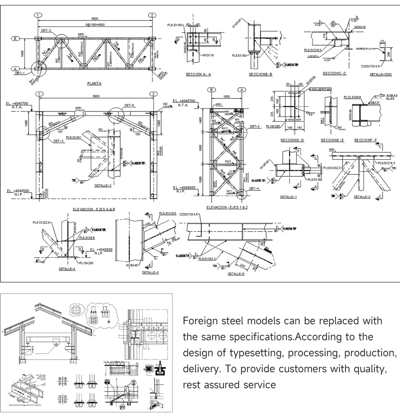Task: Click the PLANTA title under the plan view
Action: tap(94, 83)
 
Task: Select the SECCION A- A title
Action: tap(198, 74)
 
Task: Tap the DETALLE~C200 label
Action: tap(381, 75)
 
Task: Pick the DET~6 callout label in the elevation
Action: tap(130, 105)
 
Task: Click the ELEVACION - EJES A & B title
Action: tap(94, 209)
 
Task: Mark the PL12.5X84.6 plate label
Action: tap(352, 97)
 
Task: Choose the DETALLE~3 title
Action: tap(103, 186)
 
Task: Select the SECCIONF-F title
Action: tap(365, 140)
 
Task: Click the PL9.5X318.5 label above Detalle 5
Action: tap(168, 213)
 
